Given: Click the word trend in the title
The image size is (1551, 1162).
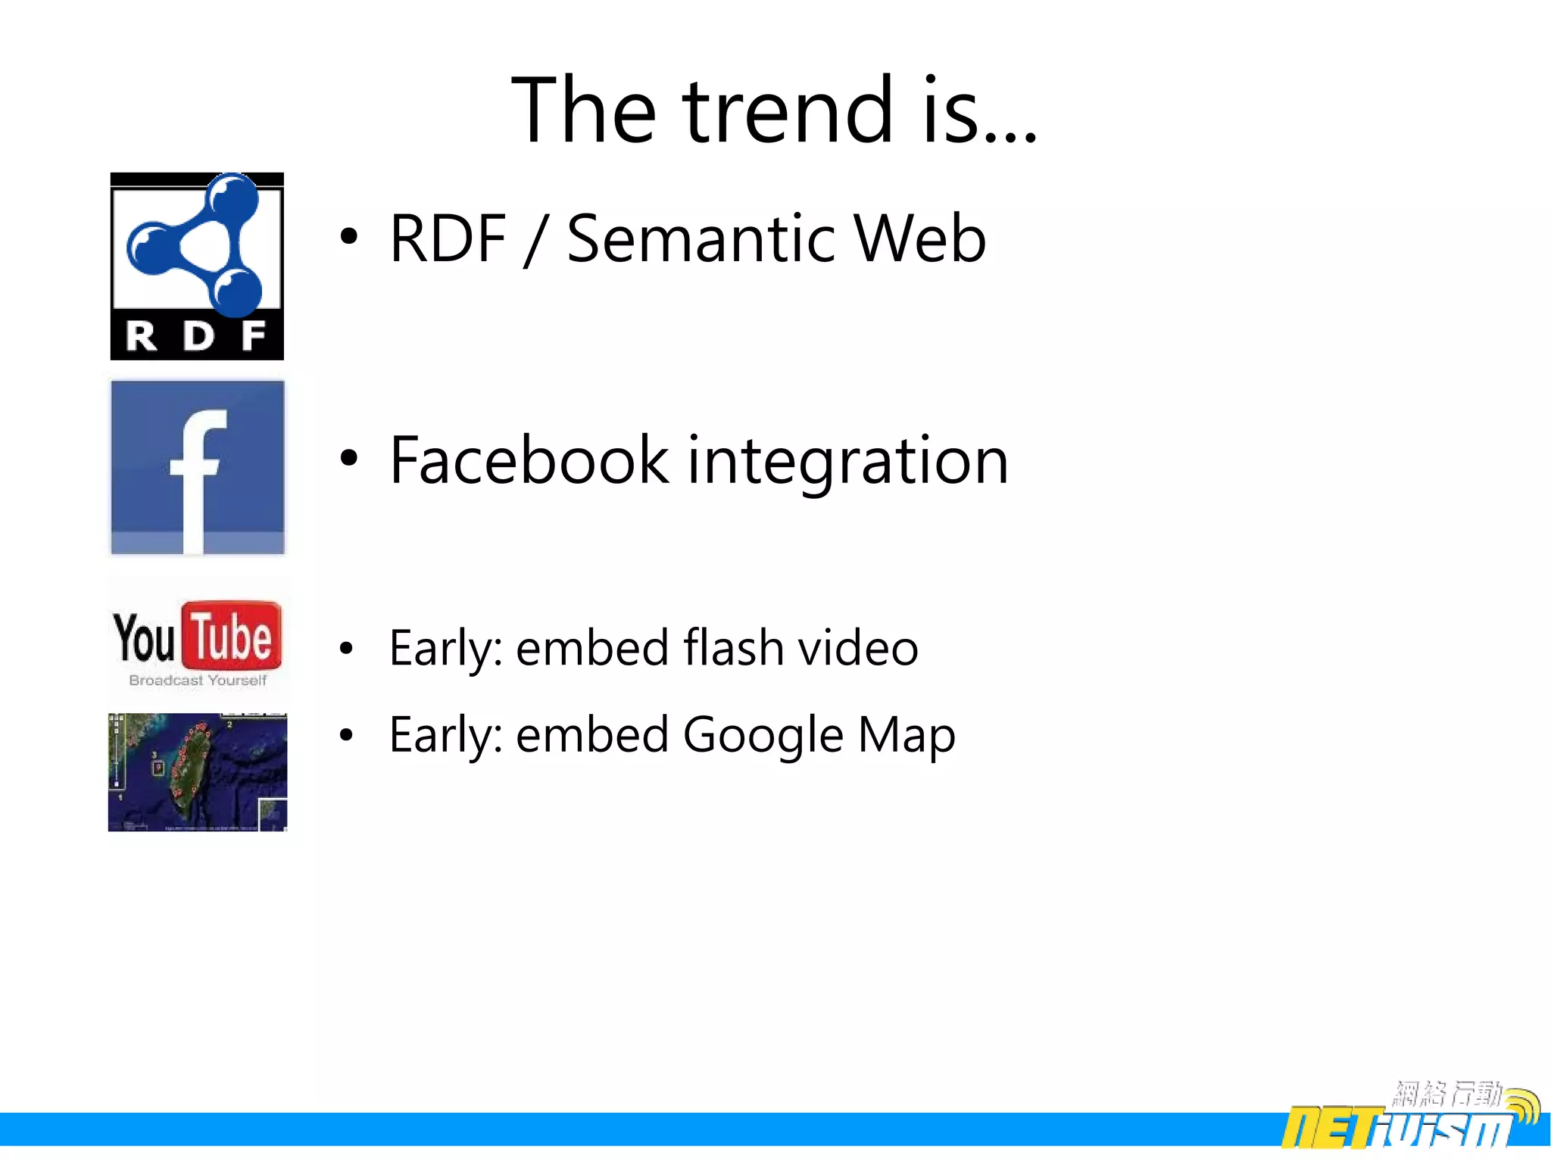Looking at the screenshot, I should click(x=788, y=111).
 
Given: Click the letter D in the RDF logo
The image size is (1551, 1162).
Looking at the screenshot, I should click(x=198, y=336).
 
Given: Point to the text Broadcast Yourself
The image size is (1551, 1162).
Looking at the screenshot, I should click(x=198, y=680).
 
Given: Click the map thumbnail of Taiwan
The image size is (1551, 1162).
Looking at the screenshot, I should click(x=197, y=771).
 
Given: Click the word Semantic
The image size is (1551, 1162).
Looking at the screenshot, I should click(x=701, y=239).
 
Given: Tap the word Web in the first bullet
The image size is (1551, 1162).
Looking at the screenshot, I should click(x=919, y=239).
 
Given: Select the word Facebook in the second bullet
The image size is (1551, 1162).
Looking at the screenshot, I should click(x=529, y=460).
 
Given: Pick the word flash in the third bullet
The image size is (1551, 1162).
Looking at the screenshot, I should click(x=732, y=648).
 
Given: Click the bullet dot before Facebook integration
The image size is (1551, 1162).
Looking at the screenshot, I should click(x=348, y=457).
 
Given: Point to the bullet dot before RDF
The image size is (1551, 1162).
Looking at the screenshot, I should click(x=348, y=236).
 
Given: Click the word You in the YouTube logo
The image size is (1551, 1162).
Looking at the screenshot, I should click(x=144, y=638).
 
